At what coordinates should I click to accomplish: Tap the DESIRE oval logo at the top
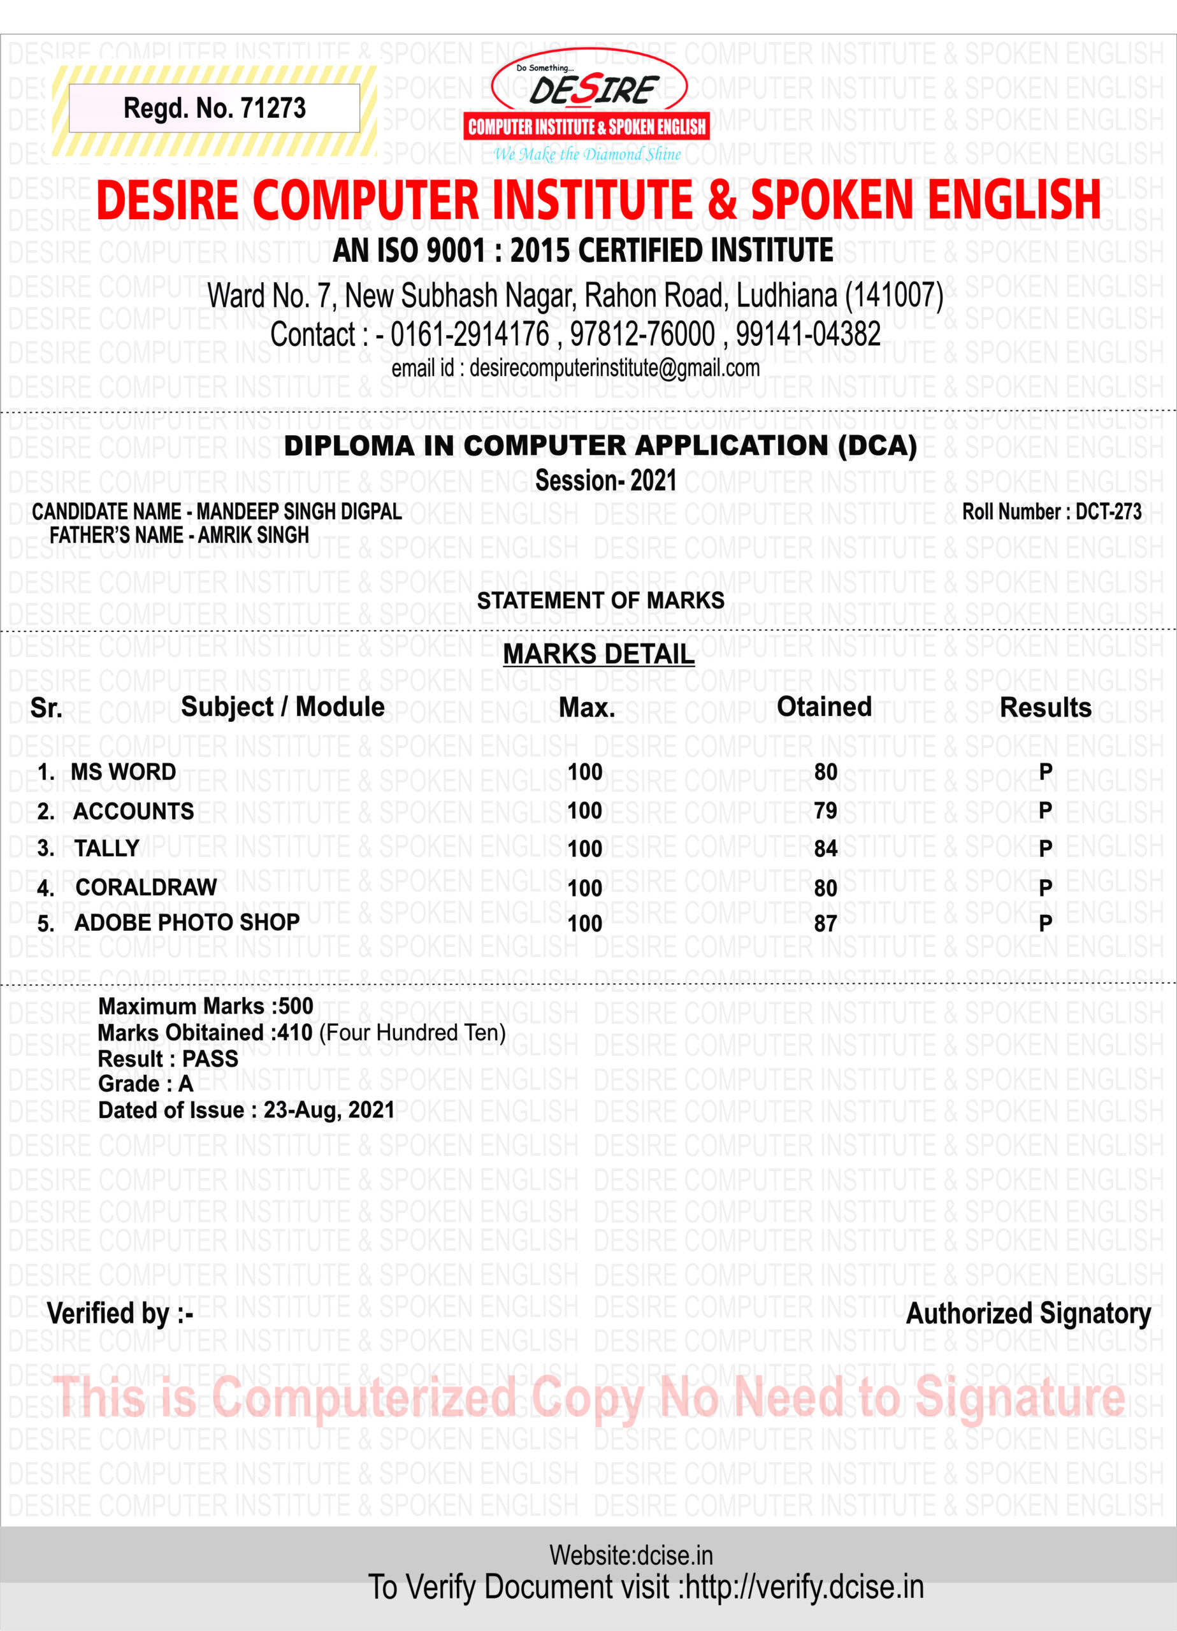pyautogui.click(x=589, y=87)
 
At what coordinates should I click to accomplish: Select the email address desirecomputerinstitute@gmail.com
pyautogui.click(x=614, y=368)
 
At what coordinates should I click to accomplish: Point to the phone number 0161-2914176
pyautogui.click(x=469, y=334)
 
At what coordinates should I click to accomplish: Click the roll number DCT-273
pyautogui.click(x=1108, y=512)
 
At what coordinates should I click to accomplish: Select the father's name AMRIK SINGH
pyautogui.click(x=253, y=535)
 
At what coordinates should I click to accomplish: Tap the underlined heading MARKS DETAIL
pyautogui.click(x=598, y=654)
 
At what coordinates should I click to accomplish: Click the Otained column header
pyautogui.click(x=824, y=707)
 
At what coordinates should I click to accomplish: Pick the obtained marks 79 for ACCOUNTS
pyautogui.click(x=825, y=810)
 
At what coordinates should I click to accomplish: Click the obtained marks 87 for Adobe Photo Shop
pyautogui.click(x=825, y=923)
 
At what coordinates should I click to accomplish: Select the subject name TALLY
pyautogui.click(x=106, y=849)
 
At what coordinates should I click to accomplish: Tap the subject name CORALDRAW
pyautogui.click(x=146, y=887)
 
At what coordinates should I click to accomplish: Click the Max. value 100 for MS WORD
pyautogui.click(x=584, y=772)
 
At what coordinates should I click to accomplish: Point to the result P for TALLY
pyautogui.click(x=1045, y=849)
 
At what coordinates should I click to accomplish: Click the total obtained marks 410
pyautogui.click(x=295, y=1033)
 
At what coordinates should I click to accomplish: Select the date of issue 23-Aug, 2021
pyautogui.click(x=329, y=1110)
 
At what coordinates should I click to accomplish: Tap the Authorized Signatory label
pyautogui.click(x=1027, y=1314)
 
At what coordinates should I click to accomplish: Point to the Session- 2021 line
pyautogui.click(x=606, y=480)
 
